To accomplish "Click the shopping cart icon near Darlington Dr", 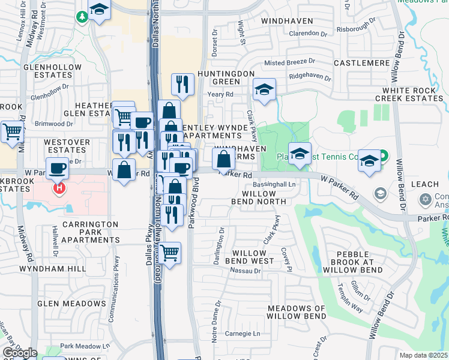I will pyautogui.click(x=170, y=254).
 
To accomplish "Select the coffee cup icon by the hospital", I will pyautogui.click(x=58, y=169).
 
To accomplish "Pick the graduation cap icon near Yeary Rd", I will pyautogui.click(x=264, y=91).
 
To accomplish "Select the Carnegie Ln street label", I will pyautogui.click(x=243, y=334).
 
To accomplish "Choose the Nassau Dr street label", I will pyautogui.click(x=248, y=271).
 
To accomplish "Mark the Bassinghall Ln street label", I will pyautogui.click(x=274, y=184).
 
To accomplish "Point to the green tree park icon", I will pyautogui.click(x=82, y=17).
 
